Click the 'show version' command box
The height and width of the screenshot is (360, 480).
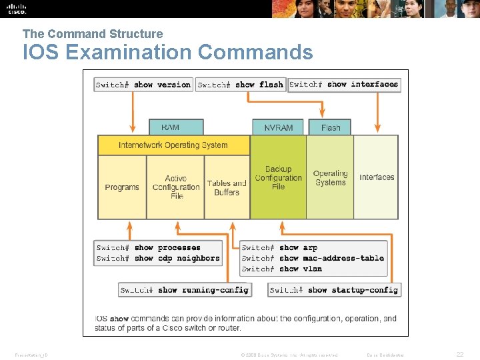click(143, 85)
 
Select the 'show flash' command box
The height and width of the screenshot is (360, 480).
click(241, 85)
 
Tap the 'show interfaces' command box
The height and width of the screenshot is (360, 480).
click(344, 85)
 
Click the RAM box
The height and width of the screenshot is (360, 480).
click(170, 127)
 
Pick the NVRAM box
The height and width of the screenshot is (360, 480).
click(278, 127)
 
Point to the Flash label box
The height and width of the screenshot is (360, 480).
click(331, 127)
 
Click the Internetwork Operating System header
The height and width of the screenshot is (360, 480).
click(173, 145)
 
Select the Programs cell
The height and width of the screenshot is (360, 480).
click(122, 187)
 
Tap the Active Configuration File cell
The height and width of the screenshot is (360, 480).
click(176, 187)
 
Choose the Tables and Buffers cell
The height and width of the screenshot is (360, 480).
click(227, 187)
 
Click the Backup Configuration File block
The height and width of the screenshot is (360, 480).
click(278, 177)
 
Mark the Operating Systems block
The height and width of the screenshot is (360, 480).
click(330, 177)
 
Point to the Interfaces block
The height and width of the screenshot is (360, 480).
click(377, 177)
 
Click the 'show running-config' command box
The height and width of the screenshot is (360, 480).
click(185, 290)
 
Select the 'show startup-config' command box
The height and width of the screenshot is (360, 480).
click(334, 290)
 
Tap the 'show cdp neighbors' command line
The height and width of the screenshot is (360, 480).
click(158, 259)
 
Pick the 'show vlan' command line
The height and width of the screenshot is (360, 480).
click(282, 269)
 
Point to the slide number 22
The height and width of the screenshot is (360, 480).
click(460, 355)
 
